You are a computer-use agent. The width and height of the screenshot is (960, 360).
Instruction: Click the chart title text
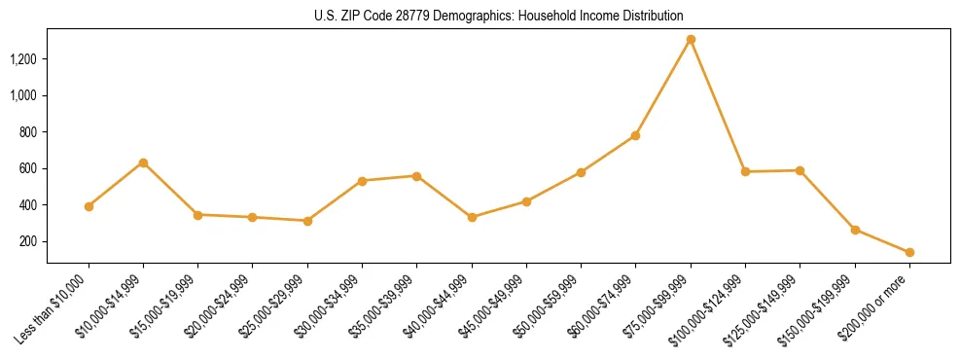pyautogui.click(x=499, y=16)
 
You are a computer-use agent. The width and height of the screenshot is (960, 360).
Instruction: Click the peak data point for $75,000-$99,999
pyautogui.click(x=691, y=40)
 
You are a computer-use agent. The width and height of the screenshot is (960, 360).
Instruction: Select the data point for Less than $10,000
pyautogui.click(x=89, y=206)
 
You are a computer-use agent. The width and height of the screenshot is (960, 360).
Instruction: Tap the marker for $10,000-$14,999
pyautogui.click(x=143, y=162)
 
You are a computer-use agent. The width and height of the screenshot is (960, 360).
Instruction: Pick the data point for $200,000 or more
pyautogui.click(x=909, y=252)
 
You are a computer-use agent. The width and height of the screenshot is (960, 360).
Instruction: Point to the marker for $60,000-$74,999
pyautogui.click(x=635, y=135)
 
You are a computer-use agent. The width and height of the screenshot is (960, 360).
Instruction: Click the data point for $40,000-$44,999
pyautogui.click(x=472, y=217)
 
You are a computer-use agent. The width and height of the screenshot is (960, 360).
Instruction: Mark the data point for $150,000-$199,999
pyautogui.click(x=855, y=230)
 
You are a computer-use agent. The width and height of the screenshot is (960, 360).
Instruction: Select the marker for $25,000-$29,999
pyautogui.click(x=307, y=221)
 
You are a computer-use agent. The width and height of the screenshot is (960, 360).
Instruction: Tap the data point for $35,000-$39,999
pyautogui.click(x=416, y=176)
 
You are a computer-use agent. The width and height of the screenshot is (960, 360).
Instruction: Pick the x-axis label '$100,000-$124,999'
pyautogui.click(x=711, y=308)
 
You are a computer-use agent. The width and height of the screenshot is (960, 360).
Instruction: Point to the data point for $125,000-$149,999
pyautogui.click(x=800, y=170)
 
